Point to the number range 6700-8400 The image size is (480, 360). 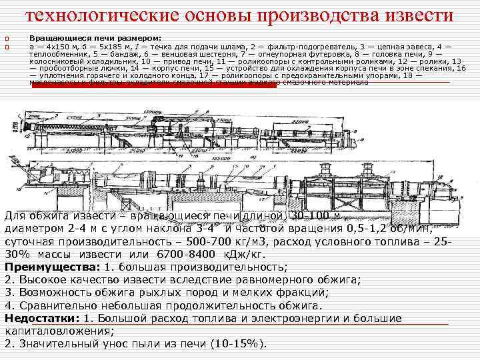pyautogui.click(x=169, y=254)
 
